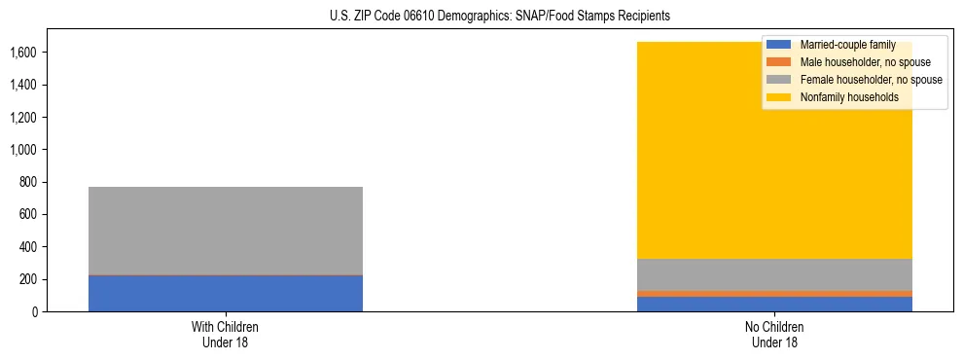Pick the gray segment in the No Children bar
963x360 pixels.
coord(774,274)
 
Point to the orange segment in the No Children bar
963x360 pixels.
coord(774,293)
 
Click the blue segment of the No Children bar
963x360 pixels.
coord(774,304)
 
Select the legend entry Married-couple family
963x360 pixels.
coord(840,45)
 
